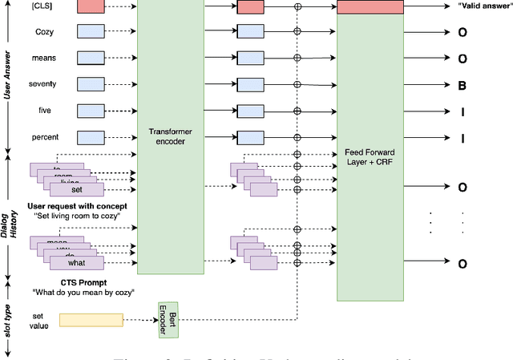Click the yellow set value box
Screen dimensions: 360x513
click(x=91, y=321)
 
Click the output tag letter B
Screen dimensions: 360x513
click(x=463, y=85)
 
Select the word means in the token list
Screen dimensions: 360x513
click(x=45, y=59)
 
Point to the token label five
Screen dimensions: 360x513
click(x=45, y=111)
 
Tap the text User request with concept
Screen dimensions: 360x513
click(x=77, y=206)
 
